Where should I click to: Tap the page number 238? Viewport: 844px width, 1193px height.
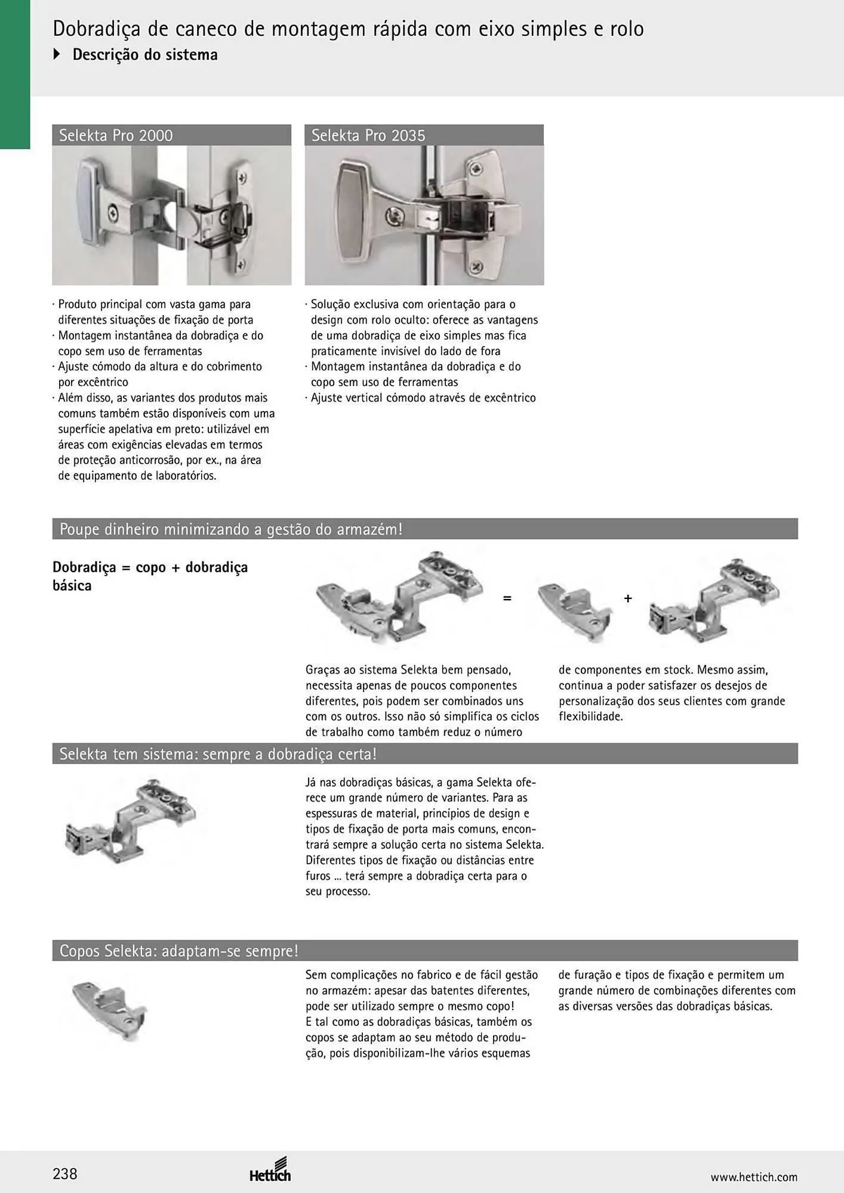(65, 1174)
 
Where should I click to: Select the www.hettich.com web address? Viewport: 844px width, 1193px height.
(754, 1177)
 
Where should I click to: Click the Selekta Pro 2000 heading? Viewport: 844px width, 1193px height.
(116, 135)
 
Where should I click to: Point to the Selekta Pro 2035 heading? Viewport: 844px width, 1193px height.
(368, 135)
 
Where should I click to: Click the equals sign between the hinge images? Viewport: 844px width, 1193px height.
(507, 598)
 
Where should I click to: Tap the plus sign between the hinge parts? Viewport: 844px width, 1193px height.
(628, 598)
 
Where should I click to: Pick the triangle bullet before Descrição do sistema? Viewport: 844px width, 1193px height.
(57, 54)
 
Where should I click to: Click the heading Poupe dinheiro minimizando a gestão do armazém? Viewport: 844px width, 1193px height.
(231, 529)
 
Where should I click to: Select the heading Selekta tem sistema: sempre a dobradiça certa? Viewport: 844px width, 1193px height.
(218, 754)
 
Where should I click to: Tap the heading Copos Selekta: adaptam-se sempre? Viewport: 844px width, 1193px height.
(178, 950)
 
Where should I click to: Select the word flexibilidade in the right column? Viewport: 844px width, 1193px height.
(590, 716)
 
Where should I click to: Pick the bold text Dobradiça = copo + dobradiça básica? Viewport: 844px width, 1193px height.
(150, 576)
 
